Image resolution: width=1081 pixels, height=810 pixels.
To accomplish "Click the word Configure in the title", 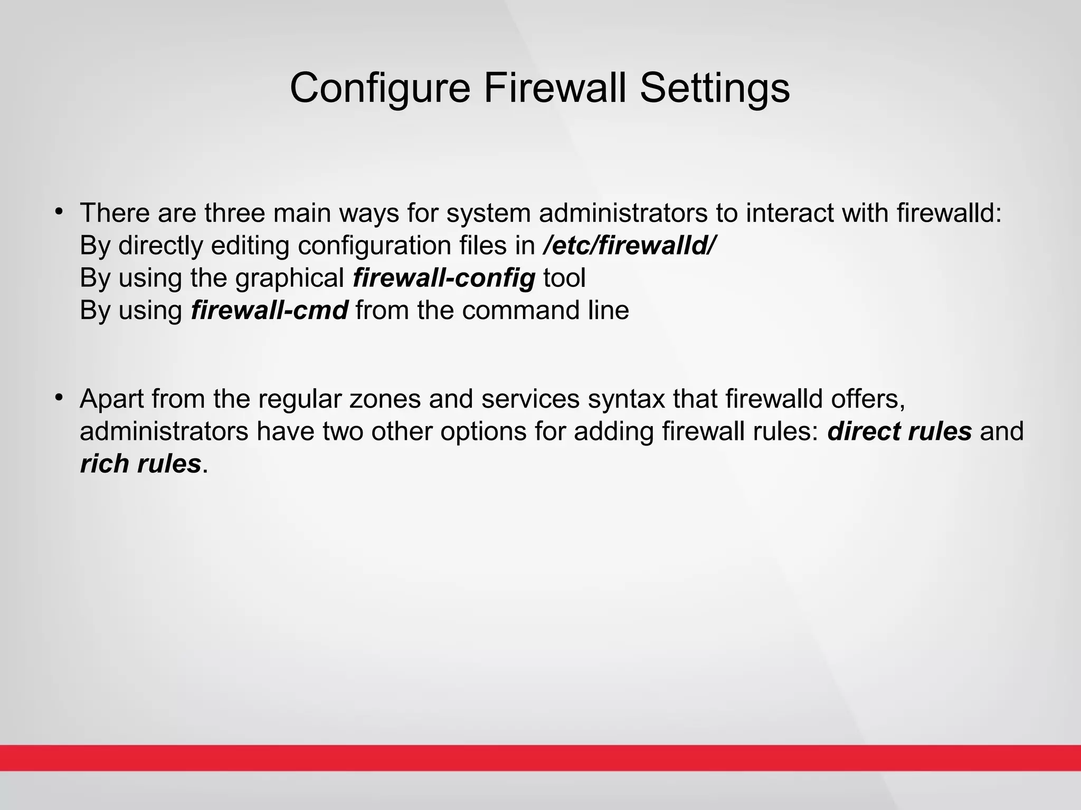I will [x=380, y=88].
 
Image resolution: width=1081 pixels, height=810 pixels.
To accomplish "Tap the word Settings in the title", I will [x=715, y=88].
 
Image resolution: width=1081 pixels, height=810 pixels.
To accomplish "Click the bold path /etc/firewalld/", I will [x=630, y=246].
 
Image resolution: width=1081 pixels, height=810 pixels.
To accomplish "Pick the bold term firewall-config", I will [x=444, y=278].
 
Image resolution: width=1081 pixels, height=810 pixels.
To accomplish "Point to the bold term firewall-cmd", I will [x=269, y=310].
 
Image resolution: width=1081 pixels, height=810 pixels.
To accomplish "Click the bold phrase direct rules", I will [x=899, y=431].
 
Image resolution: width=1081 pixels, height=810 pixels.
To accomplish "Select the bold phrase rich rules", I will [x=140, y=464].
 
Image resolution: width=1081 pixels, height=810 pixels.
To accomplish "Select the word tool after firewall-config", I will [x=564, y=278].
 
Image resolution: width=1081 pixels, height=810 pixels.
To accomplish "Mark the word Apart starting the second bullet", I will [x=112, y=399].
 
